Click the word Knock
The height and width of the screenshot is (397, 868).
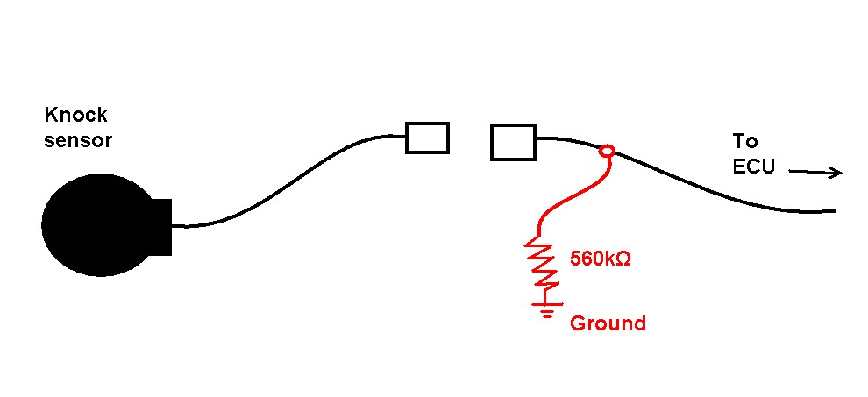coord(75,115)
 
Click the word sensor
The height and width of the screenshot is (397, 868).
coord(78,140)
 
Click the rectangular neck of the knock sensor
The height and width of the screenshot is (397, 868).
coord(160,226)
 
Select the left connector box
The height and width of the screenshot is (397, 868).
coord(427,138)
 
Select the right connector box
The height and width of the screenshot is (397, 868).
coord(513,142)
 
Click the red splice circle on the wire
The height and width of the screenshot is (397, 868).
coord(608,150)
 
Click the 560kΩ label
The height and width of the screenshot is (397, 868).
coord(601,259)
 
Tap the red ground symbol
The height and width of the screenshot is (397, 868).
coord(547,309)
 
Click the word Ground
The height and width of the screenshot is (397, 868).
coord(608,323)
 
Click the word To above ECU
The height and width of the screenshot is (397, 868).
coord(745,141)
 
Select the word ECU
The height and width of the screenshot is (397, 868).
coord(753,167)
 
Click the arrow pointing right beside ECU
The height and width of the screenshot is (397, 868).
coord(815,172)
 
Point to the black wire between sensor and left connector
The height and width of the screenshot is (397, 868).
coord(288,182)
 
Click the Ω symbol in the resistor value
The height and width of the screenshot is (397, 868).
coord(623,259)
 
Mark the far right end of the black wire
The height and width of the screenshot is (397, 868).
coord(835,210)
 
